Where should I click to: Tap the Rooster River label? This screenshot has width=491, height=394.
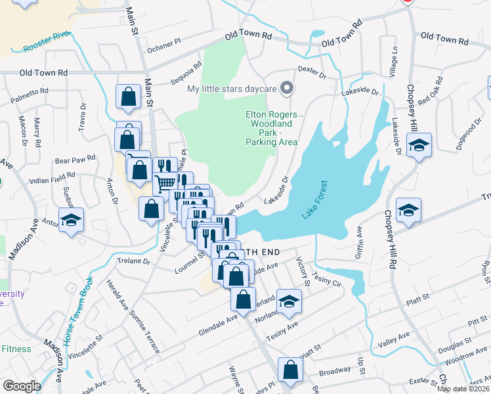coord(46,41)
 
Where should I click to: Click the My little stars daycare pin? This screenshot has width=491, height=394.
coord(286,88)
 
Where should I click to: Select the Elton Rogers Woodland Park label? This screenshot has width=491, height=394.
coord(271,127)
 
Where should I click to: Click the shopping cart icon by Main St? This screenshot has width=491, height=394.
coord(165,182)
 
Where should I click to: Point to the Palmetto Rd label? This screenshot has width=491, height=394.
coord(30,92)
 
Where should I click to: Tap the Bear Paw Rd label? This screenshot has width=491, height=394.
coord(75,158)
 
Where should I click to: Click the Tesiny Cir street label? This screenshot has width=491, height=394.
coord(328,279)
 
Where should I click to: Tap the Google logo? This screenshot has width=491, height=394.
coord(22,386)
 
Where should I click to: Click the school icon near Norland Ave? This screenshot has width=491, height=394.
coord(288,301)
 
